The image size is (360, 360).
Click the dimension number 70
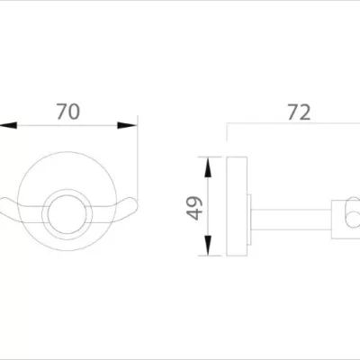coord(68,112)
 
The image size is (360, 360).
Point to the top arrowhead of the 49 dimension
coord(209,163)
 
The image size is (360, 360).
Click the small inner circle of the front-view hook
coord(68,212)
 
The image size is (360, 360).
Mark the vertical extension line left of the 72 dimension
coord(226,144)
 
